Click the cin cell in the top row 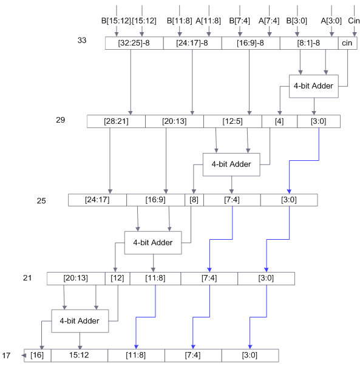pos(347,43)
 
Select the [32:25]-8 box pos(134,43)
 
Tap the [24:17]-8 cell pos(192,43)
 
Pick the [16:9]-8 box pos(250,43)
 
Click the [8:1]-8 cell pos(308,43)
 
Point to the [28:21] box pos(116,121)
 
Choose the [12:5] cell pos(233,121)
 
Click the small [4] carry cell pos(279,121)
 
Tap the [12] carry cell pos(117,278)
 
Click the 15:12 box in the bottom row pos(80,355)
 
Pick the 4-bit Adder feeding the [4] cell pos(313,86)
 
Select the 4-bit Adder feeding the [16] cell pos(80,320)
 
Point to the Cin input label pos(354,20)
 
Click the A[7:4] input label pos(268,20)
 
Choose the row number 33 pos(83,40)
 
